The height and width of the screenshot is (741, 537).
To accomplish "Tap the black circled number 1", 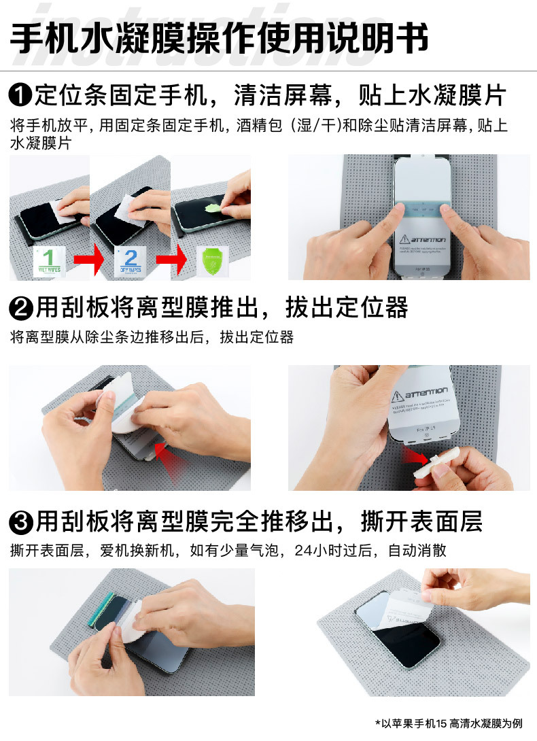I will coord(20,96).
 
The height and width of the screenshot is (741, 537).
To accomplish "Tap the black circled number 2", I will coord(20,309).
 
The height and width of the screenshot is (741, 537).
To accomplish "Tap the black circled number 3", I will coord(20,523).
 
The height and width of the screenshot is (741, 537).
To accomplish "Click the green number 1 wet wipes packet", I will coord(49,260).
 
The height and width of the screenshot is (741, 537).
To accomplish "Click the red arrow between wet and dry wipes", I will coord(88,260).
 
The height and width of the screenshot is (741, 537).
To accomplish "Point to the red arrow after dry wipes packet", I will coord(169,260).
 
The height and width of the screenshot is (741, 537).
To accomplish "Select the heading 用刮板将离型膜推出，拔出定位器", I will coord(222,309).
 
